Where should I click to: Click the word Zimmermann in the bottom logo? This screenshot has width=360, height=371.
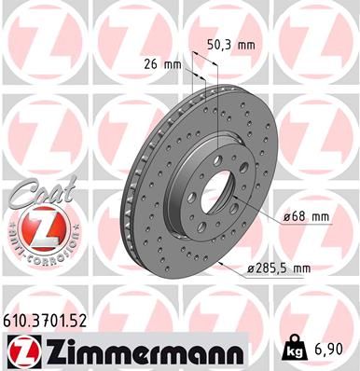[140, 352]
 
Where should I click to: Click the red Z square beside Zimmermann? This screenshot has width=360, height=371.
[20, 352]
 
